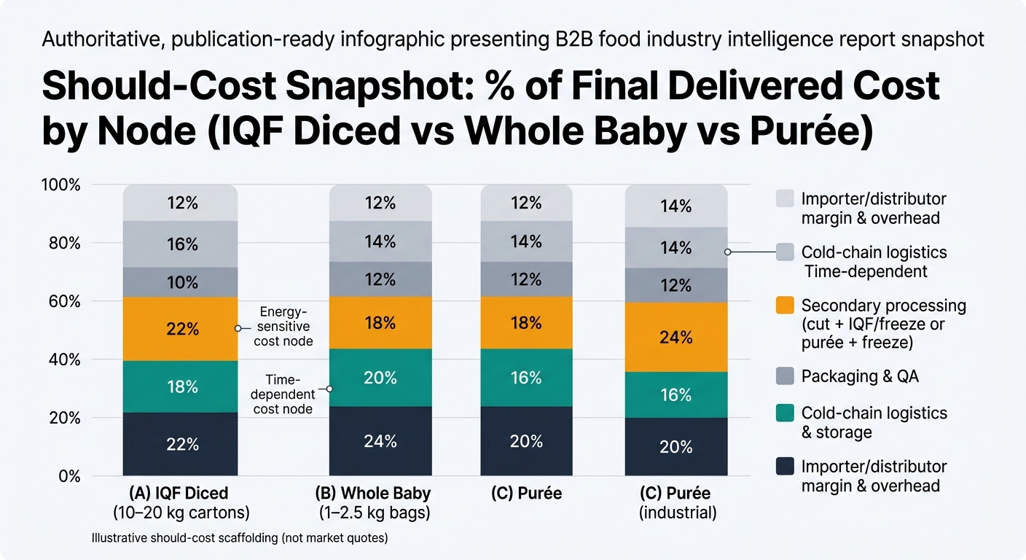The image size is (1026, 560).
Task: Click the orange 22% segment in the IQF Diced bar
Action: tap(181, 329)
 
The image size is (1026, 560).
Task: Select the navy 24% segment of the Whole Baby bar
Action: tap(380, 441)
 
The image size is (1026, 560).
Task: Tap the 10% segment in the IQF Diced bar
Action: tap(181, 282)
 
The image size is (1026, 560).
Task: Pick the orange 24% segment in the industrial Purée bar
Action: tap(675, 338)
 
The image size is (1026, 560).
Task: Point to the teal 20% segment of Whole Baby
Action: tap(380, 378)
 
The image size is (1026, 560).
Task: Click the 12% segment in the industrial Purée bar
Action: tap(675, 285)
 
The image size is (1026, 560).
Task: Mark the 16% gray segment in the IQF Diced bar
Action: tap(181, 244)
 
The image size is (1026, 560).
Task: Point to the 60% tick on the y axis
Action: tap(64, 301)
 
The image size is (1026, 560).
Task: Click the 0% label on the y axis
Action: tap(68, 476)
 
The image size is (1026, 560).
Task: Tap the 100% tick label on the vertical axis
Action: tap(61, 184)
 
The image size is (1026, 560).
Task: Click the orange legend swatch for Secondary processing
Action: tap(785, 306)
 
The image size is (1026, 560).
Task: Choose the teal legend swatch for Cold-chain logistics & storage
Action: tap(785, 413)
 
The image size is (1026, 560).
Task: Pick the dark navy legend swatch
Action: tap(785, 467)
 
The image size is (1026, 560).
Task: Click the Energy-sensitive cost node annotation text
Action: tap(284, 327)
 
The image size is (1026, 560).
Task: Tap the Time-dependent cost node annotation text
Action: tap(283, 394)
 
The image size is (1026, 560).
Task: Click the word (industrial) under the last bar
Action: tap(678, 513)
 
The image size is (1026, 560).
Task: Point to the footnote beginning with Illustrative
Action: tap(240, 539)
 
